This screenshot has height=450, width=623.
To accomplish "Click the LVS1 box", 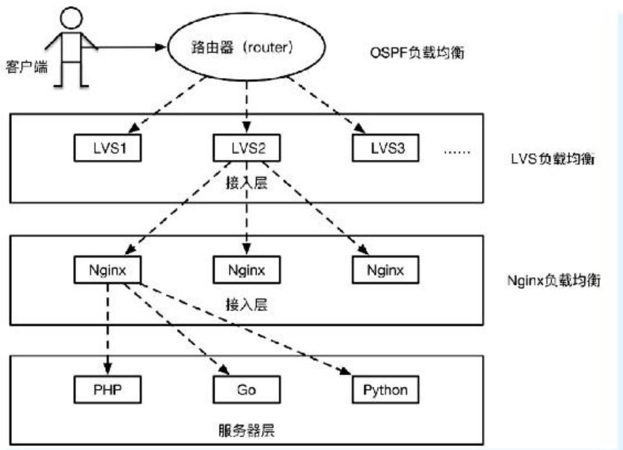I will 108,148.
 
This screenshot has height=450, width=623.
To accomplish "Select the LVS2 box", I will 246,148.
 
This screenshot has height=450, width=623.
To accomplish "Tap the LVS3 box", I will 385,148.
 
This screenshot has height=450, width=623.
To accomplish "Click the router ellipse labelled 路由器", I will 245,48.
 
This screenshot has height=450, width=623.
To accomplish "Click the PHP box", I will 107,390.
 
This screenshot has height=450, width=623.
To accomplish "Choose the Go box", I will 246,390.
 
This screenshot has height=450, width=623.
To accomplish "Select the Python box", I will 385,390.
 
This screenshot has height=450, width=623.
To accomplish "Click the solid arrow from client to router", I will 130,48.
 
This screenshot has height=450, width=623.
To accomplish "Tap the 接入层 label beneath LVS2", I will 246,184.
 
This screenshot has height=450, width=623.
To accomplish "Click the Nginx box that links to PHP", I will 107,270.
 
